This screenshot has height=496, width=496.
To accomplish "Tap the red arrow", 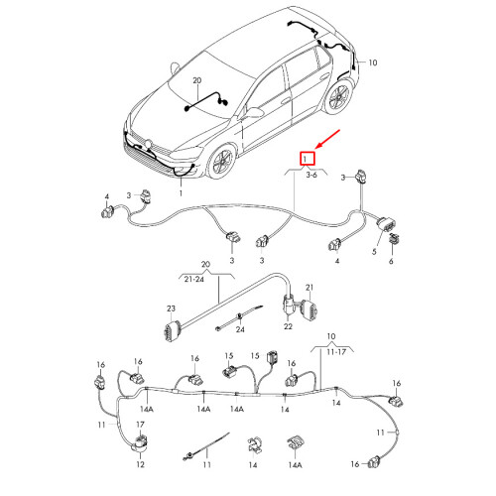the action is (327, 139).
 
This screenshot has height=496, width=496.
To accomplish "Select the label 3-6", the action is (311, 175).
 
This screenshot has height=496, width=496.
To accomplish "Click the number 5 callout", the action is (374, 251).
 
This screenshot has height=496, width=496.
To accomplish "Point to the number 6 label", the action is (391, 261).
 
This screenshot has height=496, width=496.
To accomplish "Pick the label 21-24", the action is (194, 279).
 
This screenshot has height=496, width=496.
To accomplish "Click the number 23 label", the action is (171, 309).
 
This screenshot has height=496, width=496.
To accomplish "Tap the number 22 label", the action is (288, 326).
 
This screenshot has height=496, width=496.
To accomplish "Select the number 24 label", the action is (240, 329).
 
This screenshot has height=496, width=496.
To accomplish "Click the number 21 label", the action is (310, 288).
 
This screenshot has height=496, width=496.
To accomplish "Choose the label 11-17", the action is (336, 352).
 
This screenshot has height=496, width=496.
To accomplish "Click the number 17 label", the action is (140, 425).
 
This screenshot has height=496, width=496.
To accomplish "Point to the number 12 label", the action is (140, 464).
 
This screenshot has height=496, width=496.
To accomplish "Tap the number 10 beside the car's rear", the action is (373, 62).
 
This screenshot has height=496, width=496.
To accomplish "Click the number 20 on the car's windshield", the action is (197, 80).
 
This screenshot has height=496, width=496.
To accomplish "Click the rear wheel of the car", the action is (338, 97).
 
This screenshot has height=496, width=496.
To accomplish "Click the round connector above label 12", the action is (140, 444).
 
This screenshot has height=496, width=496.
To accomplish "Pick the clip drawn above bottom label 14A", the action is (296, 443).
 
